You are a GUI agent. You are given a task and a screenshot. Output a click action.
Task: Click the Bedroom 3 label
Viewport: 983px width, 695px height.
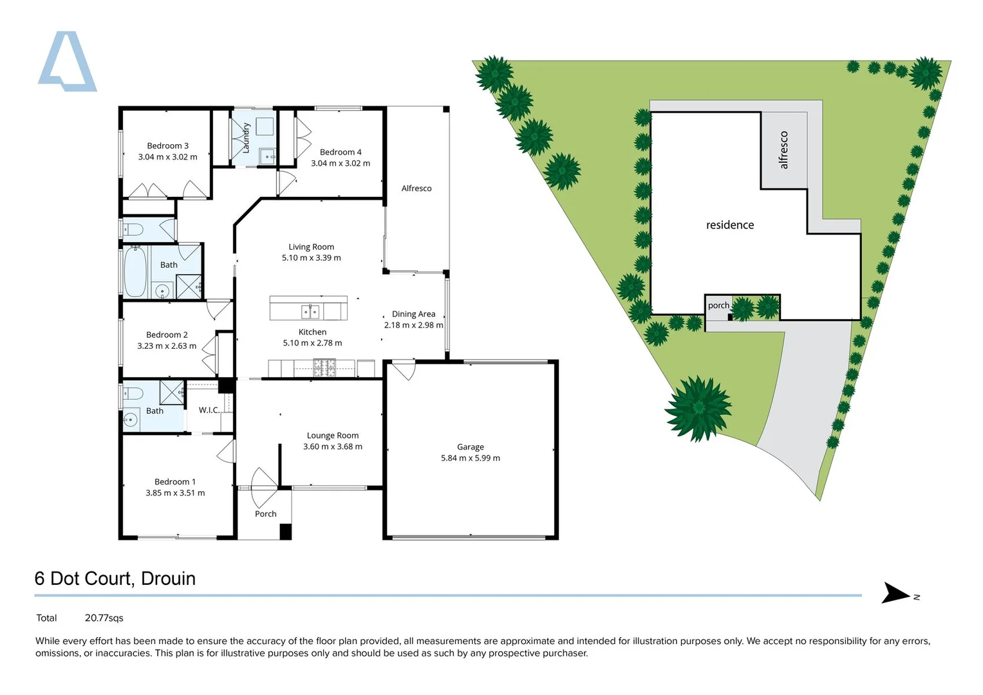(167, 146)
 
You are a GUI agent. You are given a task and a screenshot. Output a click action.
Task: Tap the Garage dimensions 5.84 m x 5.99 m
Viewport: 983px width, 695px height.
(470, 458)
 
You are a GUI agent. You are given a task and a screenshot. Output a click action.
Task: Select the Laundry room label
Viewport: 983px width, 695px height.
(245, 138)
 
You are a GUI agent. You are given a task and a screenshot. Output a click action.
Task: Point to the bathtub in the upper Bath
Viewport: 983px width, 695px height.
(135, 272)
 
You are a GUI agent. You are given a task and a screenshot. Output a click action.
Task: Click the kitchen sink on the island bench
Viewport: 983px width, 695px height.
(310, 312)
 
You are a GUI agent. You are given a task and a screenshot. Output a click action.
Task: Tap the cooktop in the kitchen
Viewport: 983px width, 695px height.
(324, 368)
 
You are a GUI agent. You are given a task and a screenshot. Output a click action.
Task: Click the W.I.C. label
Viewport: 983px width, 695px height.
(209, 410)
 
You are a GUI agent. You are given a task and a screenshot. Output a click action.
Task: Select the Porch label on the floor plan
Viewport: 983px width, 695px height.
(265, 514)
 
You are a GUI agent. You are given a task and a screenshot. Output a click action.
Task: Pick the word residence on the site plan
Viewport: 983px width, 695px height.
(729, 225)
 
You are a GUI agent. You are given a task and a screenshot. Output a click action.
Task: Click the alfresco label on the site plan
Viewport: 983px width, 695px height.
(783, 150)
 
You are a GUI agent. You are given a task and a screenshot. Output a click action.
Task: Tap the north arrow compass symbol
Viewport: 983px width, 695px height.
(895, 593)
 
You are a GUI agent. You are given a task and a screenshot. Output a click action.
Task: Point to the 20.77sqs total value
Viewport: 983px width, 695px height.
(104, 618)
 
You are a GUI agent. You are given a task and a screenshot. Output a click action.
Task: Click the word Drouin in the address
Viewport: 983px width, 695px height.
(168, 579)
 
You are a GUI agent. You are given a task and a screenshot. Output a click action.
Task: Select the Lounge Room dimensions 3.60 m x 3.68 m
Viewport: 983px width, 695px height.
(332, 447)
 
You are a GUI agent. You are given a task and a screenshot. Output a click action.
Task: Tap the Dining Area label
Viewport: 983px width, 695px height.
(413, 314)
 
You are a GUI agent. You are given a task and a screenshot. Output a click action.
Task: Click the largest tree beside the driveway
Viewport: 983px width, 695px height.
(698, 409)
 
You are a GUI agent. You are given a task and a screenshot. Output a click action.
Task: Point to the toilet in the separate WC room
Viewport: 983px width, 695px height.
(134, 229)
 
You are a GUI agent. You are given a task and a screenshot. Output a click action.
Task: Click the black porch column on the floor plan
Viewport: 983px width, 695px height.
(285, 532)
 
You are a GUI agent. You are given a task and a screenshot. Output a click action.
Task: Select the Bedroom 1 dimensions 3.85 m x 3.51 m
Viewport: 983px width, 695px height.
(175, 493)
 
